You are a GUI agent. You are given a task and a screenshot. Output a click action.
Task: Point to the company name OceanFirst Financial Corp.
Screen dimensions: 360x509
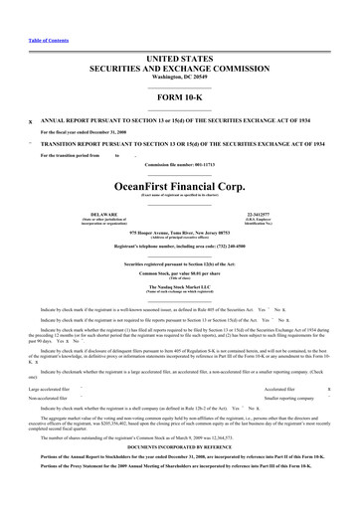pos(179,184)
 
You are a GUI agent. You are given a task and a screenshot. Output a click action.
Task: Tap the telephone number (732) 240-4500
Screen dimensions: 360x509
pos(179,245)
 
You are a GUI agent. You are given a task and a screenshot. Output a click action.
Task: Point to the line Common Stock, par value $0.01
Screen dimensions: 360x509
pos(179,271)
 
